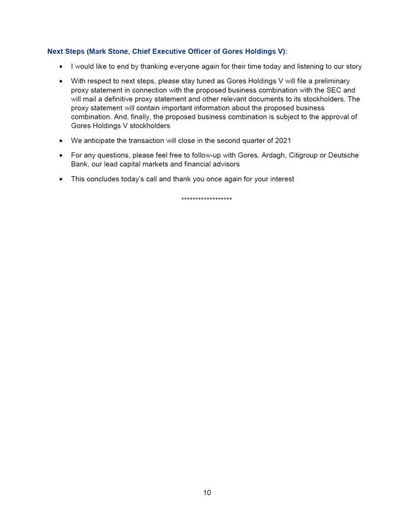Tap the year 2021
tap(283, 141)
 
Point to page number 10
tap(207, 492)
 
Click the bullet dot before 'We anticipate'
tap(61, 141)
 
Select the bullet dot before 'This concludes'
tap(61, 179)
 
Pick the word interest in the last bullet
tap(281, 178)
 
